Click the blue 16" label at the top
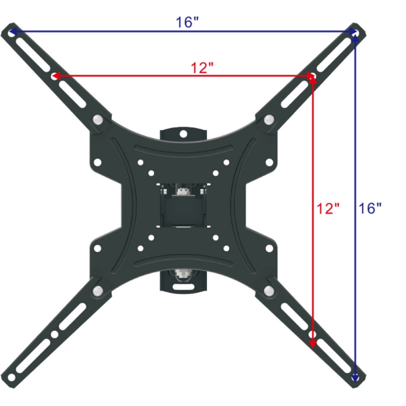click(187, 23)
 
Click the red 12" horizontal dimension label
click(202, 67)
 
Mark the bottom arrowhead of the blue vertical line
click(355, 378)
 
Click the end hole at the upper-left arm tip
click(12, 31)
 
